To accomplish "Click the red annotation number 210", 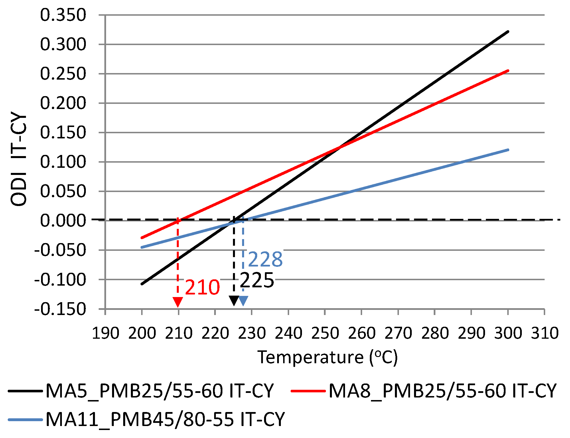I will (x=202, y=287).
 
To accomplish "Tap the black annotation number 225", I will (x=257, y=280).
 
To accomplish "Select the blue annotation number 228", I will (x=265, y=259).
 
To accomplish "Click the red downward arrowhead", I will (x=178, y=302).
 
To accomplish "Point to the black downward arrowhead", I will (x=234, y=300).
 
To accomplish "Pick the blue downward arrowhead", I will (x=243, y=301).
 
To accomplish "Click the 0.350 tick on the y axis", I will (x=63, y=15).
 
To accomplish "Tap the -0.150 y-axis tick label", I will (x=60, y=309).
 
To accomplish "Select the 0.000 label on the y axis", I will (x=63, y=221).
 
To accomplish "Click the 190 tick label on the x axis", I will (x=106, y=333).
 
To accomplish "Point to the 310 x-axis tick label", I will (x=544, y=333).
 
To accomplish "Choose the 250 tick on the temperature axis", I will (x=325, y=333).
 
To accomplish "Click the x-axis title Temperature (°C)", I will (x=327, y=357).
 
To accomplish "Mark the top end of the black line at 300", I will (x=508, y=32).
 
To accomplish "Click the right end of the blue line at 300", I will (x=508, y=150).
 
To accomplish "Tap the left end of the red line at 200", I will (x=142, y=238).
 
